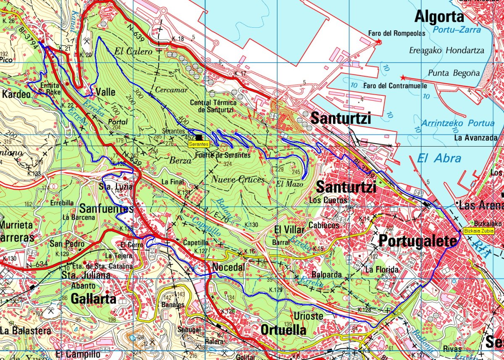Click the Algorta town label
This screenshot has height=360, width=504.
[439, 17]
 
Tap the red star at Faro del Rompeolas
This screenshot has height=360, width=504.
[379, 42]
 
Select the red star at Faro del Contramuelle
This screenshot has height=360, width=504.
[403, 78]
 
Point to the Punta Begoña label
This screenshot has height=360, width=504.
[454, 74]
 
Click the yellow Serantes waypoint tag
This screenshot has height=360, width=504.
[199, 144]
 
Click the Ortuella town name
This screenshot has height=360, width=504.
[283, 330]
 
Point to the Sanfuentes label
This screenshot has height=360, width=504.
[107, 208]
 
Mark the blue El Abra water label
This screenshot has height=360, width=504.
[439, 158]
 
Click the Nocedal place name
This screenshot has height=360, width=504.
[228, 267]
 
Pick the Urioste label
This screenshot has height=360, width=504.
[309, 316]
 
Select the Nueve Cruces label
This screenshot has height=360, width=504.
[238, 179]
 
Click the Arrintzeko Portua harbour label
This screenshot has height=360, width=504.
[458, 124]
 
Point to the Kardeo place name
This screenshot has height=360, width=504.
[16, 95]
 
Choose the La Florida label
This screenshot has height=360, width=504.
[382, 269]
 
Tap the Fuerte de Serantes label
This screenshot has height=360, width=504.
[223, 155]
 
